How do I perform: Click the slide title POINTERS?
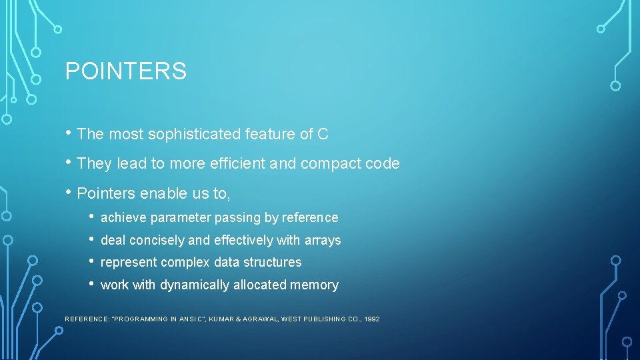coord(126,71)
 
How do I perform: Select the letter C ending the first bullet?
coord(323,134)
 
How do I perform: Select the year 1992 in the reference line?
coord(373,319)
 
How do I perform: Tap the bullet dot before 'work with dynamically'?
coord(92,284)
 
